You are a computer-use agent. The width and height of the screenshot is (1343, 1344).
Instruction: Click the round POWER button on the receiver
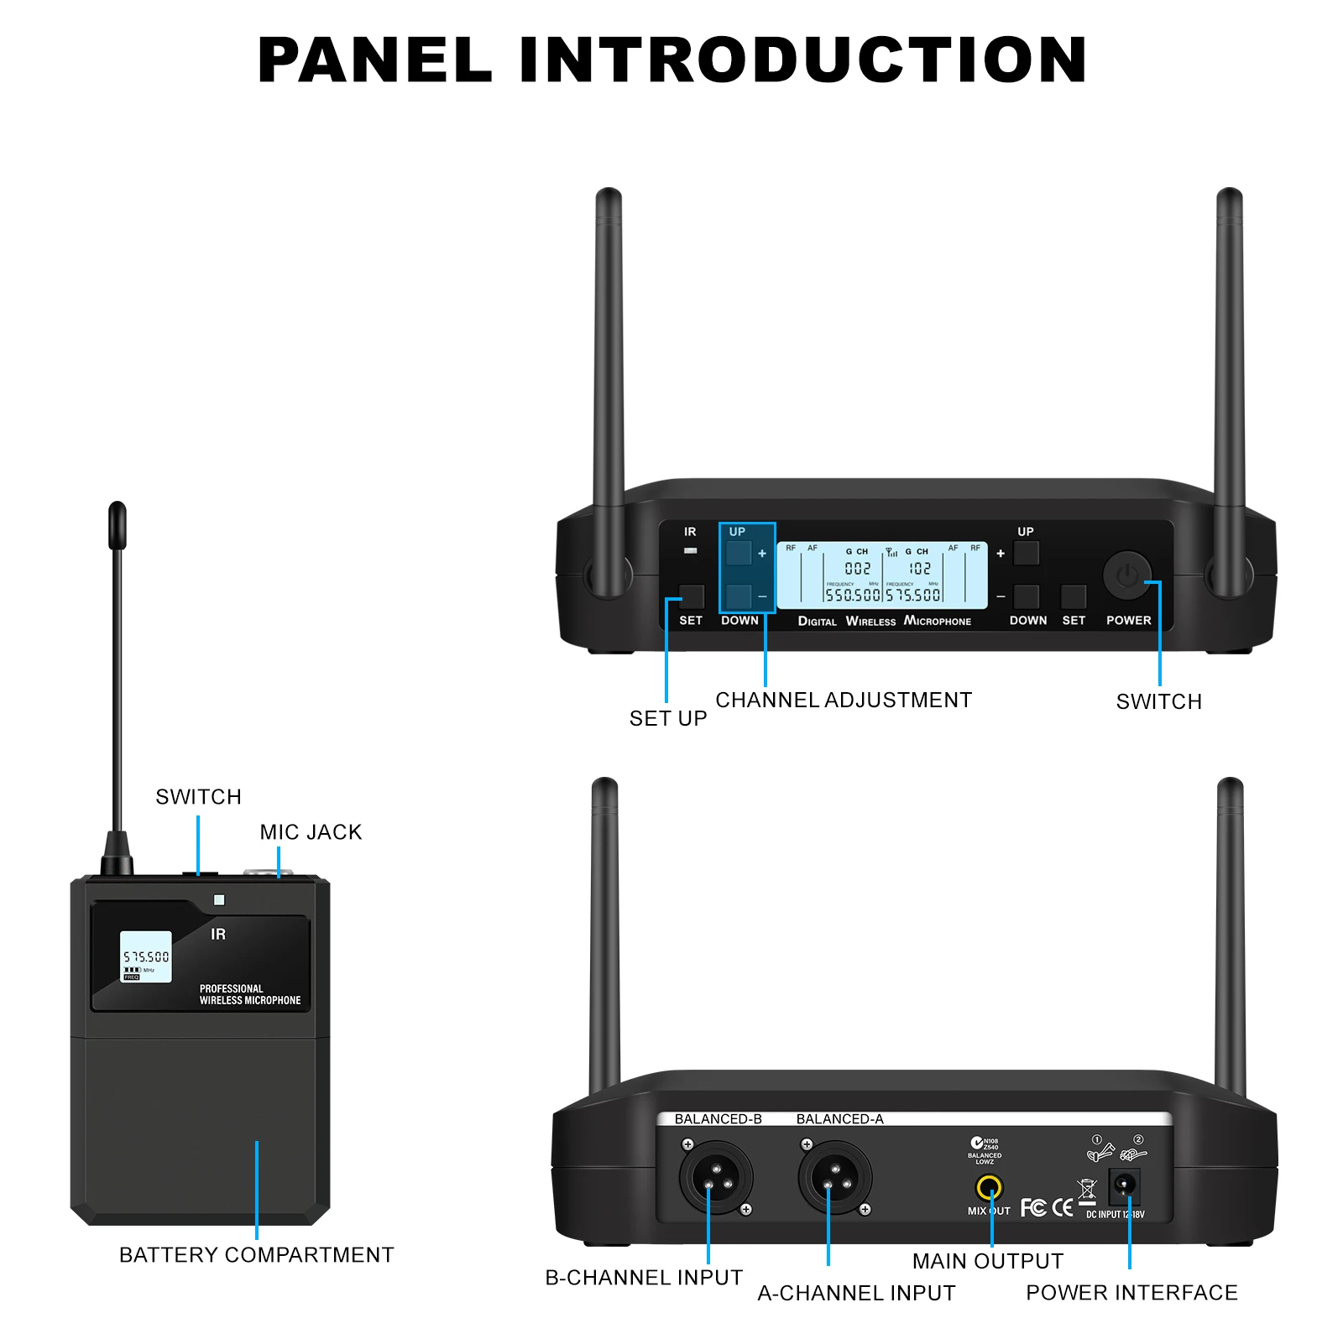coord(1126,576)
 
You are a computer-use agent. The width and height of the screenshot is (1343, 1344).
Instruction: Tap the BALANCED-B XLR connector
coord(715,1178)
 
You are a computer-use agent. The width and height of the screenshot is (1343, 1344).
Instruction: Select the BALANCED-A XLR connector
coord(834,1178)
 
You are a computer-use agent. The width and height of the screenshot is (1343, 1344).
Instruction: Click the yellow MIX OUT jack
coord(989,1188)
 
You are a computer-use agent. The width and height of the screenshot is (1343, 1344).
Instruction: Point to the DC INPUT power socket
coord(1124,1186)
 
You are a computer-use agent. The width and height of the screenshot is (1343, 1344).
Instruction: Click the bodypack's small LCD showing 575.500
coord(146,956)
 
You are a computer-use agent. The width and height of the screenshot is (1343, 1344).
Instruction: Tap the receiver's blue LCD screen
coord(881,576)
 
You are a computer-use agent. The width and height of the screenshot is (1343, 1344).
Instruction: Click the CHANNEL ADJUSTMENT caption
coord(843,700)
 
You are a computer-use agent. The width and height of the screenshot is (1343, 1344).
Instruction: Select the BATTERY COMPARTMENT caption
coord(256,1255)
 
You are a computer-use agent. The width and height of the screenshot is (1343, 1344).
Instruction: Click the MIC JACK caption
coord(311,832)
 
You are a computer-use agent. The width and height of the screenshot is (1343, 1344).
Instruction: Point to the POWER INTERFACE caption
coord(1131,1293)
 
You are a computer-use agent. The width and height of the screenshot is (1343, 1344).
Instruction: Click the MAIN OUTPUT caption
coord(987,1261)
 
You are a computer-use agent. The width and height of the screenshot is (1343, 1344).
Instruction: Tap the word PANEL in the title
coord(374,60)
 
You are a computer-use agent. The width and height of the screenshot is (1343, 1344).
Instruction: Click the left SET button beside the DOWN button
coord(692,597)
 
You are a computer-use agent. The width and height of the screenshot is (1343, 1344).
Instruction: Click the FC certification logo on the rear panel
coord(1033,1207)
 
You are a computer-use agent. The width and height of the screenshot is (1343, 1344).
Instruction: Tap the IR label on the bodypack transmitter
coord(218,935)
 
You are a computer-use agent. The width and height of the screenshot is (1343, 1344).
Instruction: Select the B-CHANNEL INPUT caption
coord(644,1278)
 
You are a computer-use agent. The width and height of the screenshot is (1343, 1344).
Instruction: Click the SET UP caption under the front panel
coord(668,719)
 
